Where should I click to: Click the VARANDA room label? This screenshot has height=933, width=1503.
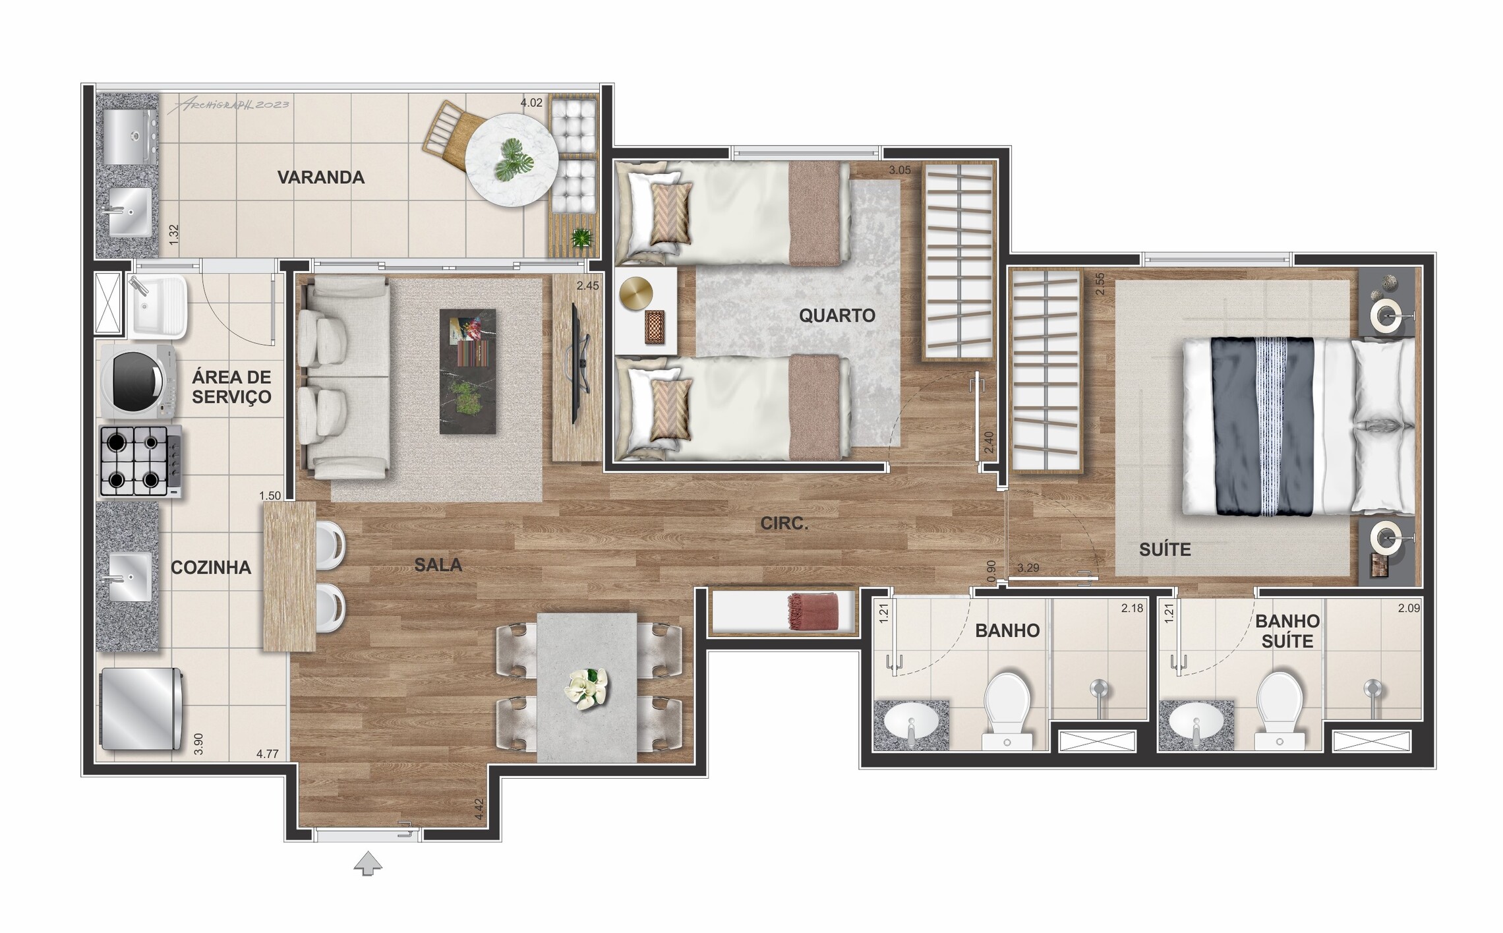[320, 177]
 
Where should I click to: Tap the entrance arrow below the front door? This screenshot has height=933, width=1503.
[368, 862]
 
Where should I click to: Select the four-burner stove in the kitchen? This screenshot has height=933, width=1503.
[140, 461]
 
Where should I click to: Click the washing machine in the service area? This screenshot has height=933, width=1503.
[138, 382]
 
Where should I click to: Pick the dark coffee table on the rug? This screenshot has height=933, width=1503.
[467, 371]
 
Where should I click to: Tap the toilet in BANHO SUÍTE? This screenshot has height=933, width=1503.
[1279, 711]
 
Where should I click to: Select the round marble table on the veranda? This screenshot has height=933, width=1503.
[512, 160]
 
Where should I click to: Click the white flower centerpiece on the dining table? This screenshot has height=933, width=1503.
[586, 688]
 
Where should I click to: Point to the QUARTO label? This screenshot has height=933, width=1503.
[837, 316]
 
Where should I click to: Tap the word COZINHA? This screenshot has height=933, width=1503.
[211, 568]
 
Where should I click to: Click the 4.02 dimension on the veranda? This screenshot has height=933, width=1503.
[531, 103]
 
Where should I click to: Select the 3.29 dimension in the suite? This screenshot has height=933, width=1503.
[1028, 568]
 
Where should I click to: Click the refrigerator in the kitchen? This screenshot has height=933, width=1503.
[141, 709]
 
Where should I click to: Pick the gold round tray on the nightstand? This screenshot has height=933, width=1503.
[636, 291]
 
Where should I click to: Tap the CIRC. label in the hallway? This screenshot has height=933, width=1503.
[784, 524]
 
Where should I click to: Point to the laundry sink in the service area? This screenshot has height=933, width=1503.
[158, 307]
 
